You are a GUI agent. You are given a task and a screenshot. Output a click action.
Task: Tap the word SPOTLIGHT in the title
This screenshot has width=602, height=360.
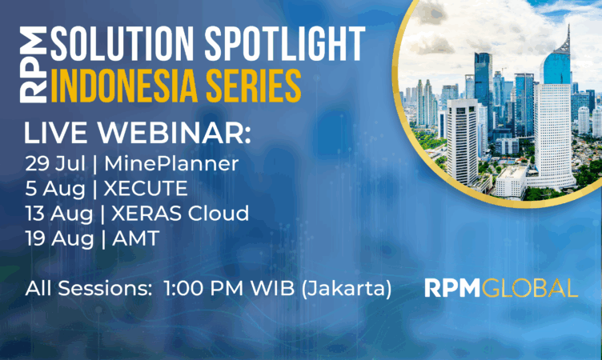(284, 43)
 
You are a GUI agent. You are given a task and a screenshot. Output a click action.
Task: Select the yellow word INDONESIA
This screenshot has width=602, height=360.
(124, 86)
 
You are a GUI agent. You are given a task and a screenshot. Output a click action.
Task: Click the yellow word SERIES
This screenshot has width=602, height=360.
(254, 86)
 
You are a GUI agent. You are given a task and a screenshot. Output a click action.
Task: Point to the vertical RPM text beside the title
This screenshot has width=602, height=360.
(34, 65)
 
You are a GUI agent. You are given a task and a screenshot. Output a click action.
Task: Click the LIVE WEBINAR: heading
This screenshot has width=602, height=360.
(138, 133)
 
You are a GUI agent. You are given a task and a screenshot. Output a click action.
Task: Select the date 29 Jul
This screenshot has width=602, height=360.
(55, 164)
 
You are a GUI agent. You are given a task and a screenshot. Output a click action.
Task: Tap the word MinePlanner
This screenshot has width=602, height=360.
(171, 164)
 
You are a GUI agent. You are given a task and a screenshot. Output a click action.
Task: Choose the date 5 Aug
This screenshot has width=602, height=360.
(55, 189)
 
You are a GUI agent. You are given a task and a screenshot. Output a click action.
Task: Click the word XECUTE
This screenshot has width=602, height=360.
(146, 189)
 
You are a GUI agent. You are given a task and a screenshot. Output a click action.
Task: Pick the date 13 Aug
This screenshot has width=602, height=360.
(59, 214)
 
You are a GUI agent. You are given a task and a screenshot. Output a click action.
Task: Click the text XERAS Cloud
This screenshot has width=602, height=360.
(180, 213)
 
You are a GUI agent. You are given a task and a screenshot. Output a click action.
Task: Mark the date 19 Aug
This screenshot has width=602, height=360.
(59, 238)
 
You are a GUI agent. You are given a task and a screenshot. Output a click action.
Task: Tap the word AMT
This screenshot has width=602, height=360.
(135, 238)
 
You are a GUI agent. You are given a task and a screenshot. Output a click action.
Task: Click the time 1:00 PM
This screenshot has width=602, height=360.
(203, 288)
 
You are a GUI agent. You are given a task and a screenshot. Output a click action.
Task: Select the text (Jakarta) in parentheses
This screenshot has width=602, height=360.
(347, 289)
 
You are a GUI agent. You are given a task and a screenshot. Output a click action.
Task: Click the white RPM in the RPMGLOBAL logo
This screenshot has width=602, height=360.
(452, 288)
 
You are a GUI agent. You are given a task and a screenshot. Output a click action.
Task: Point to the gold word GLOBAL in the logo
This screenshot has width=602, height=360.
(530, 288)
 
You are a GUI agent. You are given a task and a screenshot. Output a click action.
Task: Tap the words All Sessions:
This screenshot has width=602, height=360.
(89, 288)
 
